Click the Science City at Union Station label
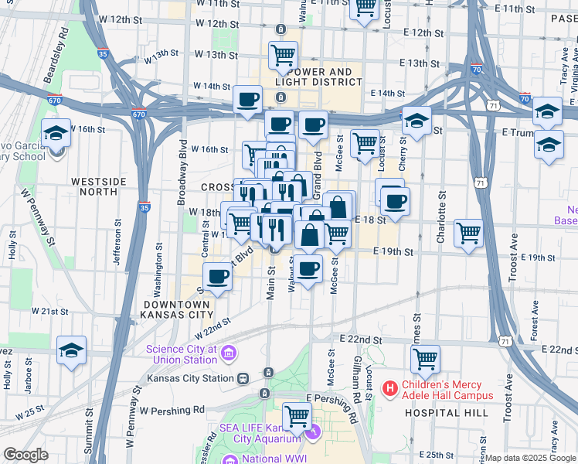pyautogui.click(x=182, y=353)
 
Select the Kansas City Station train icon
pyautogui.click(x=243, y=379)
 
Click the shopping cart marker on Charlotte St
pyautogui.click(x=468, y=231)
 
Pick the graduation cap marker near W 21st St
pyautogui.click(x=71, y=349)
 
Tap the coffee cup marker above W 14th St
pyautogui.click(x=247, y=100)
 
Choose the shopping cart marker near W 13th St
pyautogui.click(x=284, y=55)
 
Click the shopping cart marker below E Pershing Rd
pyautogui.click(x=297, y=416)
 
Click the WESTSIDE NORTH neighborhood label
pyautogui.click(x=98, y=186)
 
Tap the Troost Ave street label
pyautogui.click(x=508, y=398)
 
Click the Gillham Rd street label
pyautogui.click(x=356, y=380)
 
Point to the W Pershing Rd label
pyautogui.click(x=172, y=410)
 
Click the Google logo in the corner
pyautogui.click(x=25, y=455)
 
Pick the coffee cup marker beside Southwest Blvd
pyautogui.click(x=217, y=276)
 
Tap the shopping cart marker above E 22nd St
pyautogui.click(x=425, y=359)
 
